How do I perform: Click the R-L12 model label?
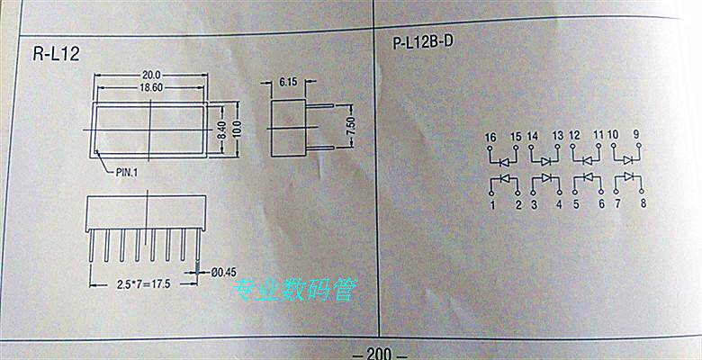click(56, 54)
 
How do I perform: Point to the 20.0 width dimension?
click(150, 75)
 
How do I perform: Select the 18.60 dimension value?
click(150, 87)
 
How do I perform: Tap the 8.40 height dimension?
click(221, 130)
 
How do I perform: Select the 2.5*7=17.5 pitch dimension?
click(144, 283)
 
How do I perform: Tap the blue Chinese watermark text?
click(295, 289)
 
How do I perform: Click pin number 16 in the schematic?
click(490, 137)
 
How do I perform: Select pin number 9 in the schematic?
click(636, 135)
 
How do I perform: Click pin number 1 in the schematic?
click(492, 205)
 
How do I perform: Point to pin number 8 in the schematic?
click(643, 204)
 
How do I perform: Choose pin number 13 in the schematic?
click(558, 137)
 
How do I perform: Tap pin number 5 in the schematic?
click(575, 205)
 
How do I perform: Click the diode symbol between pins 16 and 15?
click(505, 160)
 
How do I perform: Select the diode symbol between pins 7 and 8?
click(630, 175)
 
